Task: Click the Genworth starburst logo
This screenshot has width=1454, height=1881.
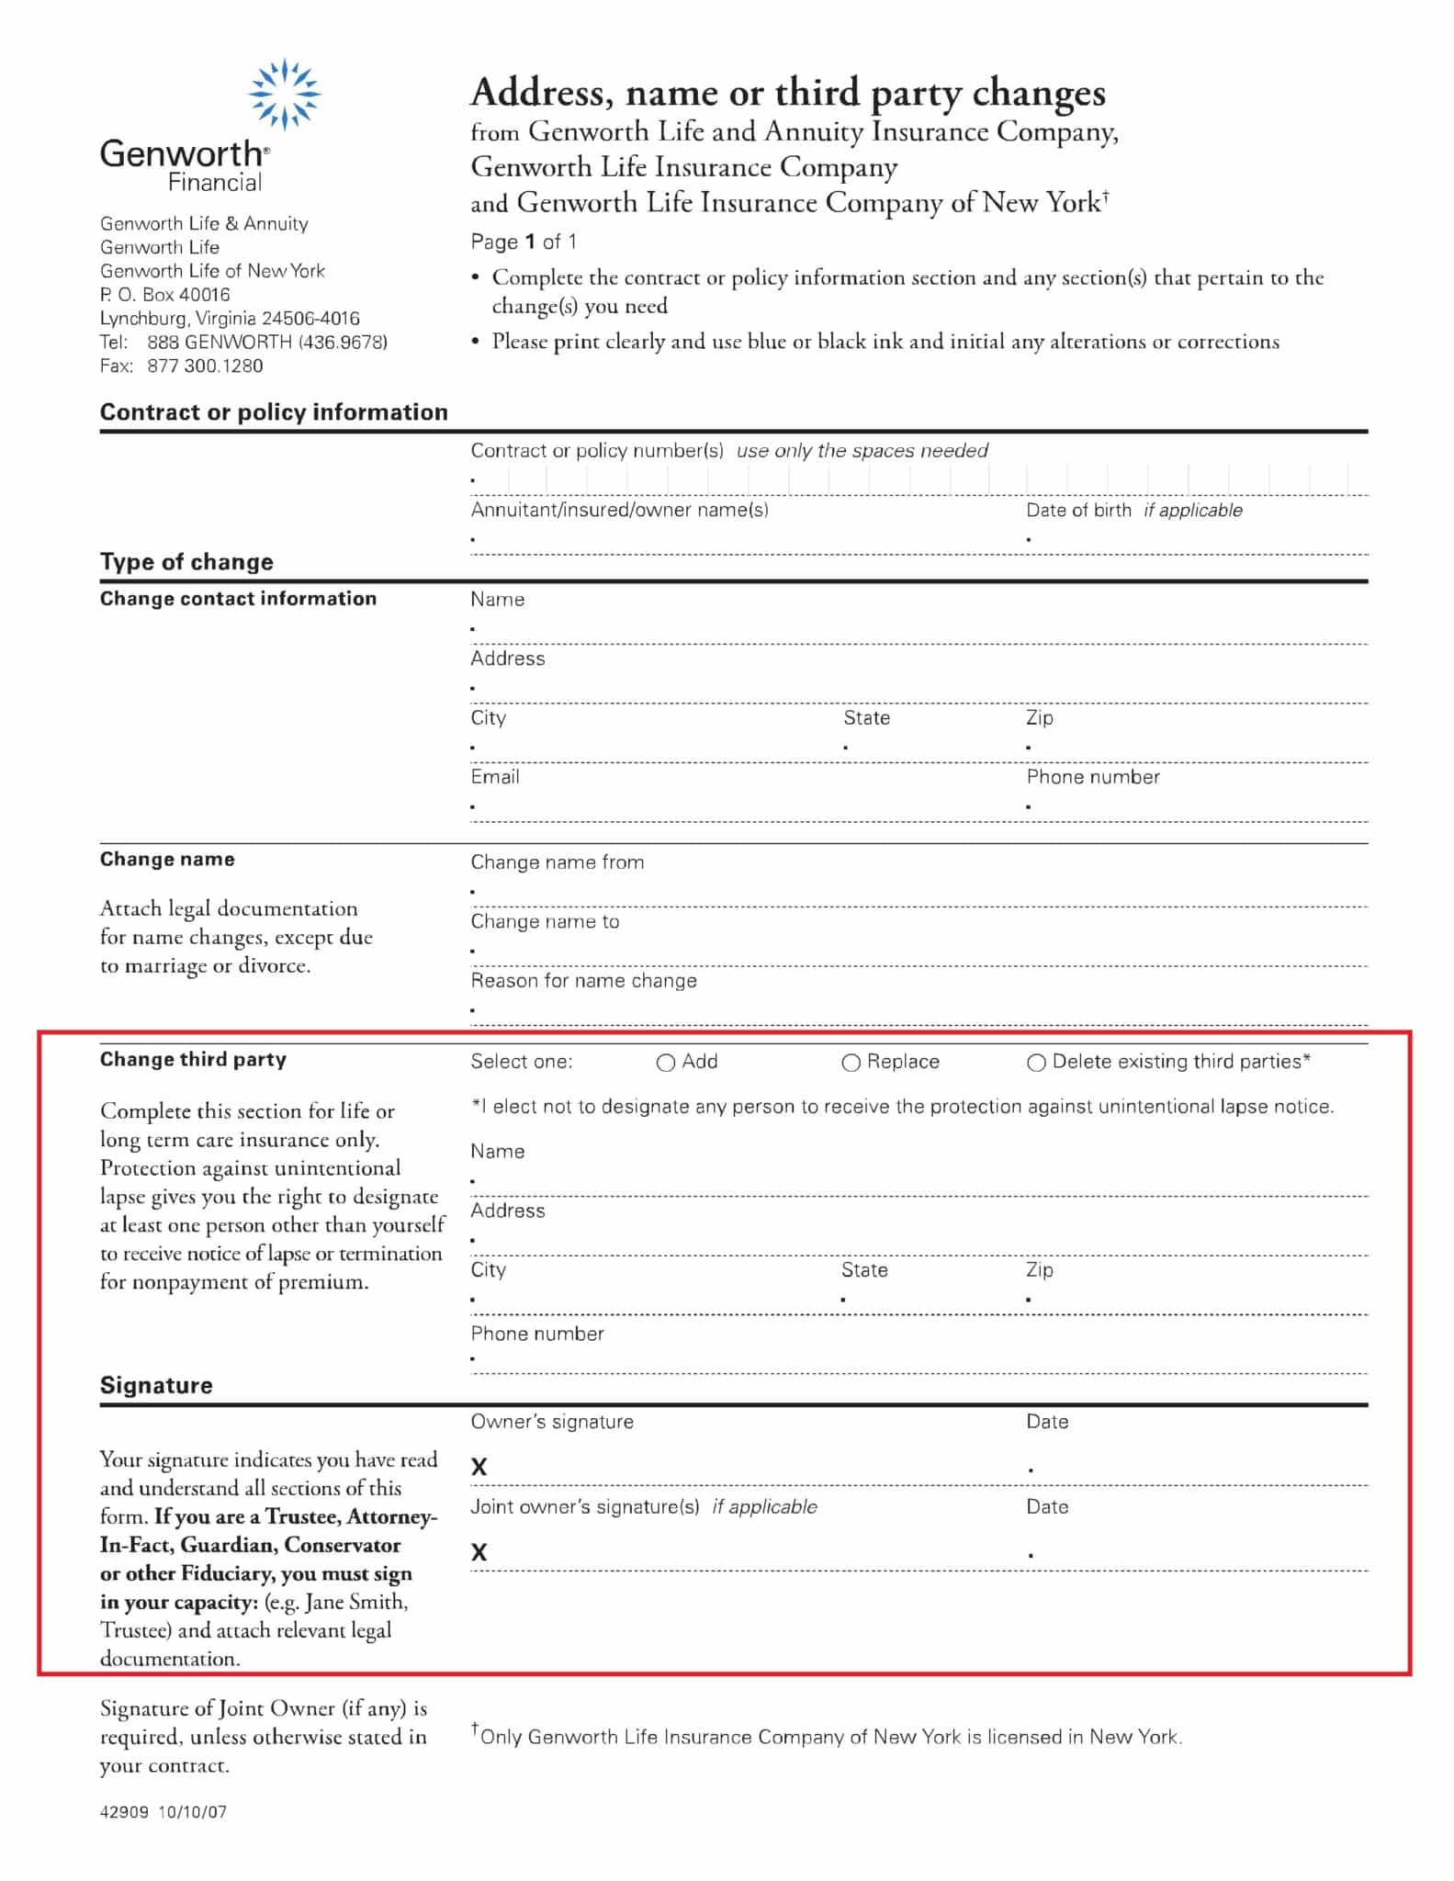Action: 285,93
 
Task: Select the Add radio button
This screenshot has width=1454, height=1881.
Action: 666,1063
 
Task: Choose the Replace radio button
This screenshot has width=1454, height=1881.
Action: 851,1063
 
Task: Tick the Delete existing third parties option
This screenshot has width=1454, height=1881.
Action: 1036,1063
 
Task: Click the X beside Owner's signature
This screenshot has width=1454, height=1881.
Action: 479,1467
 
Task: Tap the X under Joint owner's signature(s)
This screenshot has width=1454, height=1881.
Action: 479,1552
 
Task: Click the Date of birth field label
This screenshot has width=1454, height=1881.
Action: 1078,510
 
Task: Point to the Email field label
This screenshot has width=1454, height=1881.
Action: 495,777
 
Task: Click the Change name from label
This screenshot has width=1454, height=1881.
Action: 557,862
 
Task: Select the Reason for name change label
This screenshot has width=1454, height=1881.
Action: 583,981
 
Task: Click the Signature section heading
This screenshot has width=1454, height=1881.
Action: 156,1385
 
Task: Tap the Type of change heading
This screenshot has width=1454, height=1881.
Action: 186,561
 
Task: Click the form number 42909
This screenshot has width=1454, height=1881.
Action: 124,1812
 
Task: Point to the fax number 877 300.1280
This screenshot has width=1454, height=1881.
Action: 205,366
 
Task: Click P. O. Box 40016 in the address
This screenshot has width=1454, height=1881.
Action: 165,295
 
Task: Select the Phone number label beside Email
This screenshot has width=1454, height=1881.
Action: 1092,777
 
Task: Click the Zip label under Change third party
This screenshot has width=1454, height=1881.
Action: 1039,1269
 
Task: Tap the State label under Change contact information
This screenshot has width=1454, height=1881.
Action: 866,717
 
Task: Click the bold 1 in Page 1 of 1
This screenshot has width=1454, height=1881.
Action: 530,242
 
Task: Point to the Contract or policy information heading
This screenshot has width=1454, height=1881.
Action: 274,411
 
